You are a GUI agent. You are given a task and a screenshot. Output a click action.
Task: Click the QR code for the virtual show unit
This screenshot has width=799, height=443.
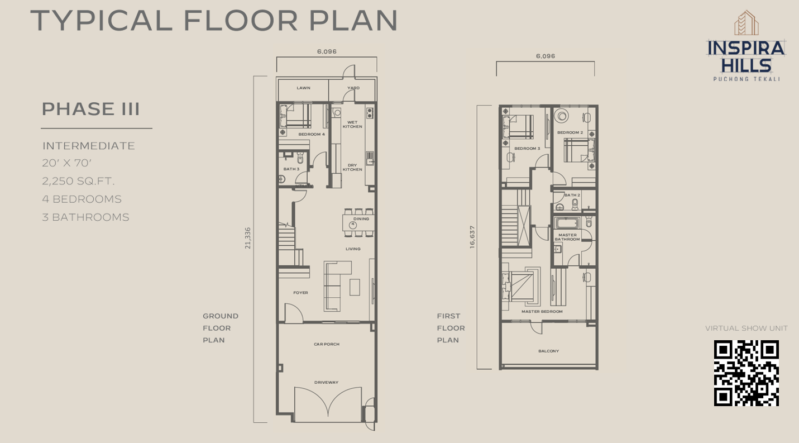tap(746, 373)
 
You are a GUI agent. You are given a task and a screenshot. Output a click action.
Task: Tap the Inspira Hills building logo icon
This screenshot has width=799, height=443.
tap(746, 22)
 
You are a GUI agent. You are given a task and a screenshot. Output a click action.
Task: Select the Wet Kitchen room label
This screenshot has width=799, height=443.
tap(352, 124)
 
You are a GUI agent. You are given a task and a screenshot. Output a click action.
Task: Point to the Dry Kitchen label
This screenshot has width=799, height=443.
tap(352, 168)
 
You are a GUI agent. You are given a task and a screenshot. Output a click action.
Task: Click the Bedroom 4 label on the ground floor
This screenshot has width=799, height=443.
tap(312, 134)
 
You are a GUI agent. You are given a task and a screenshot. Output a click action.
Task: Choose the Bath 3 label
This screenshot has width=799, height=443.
tap(291, 169)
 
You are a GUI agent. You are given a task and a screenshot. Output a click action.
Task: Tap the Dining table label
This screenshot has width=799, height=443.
tap(361, 219)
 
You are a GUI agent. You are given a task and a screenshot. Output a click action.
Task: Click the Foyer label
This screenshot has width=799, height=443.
tap(301, 293)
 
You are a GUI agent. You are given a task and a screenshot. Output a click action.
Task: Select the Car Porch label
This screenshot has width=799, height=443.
tap(327, 344)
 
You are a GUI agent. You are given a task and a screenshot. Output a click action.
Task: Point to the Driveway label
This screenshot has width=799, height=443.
tap(327, 382)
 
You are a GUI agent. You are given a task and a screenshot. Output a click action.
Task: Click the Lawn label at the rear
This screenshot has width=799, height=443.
tap(304, 88)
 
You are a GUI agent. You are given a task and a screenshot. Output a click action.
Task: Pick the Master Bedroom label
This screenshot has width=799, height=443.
tap(542, 312)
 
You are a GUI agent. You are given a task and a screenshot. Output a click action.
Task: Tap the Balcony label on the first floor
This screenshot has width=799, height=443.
tap(549, 351)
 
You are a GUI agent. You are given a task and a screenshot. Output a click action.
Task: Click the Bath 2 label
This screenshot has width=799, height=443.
tap(572, 196)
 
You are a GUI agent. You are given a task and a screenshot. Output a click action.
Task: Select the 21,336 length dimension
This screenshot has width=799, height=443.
tap(248, 238)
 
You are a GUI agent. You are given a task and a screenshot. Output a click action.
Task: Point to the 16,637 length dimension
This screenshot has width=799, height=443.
tap(472, 237)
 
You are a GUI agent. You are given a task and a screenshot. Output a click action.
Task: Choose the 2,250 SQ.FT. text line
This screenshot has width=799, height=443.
tap(79, 181)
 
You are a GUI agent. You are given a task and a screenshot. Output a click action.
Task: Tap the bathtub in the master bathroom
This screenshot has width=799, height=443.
tap(567, 223)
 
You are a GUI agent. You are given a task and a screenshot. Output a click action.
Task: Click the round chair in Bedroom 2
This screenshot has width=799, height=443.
tap(562, 116)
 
